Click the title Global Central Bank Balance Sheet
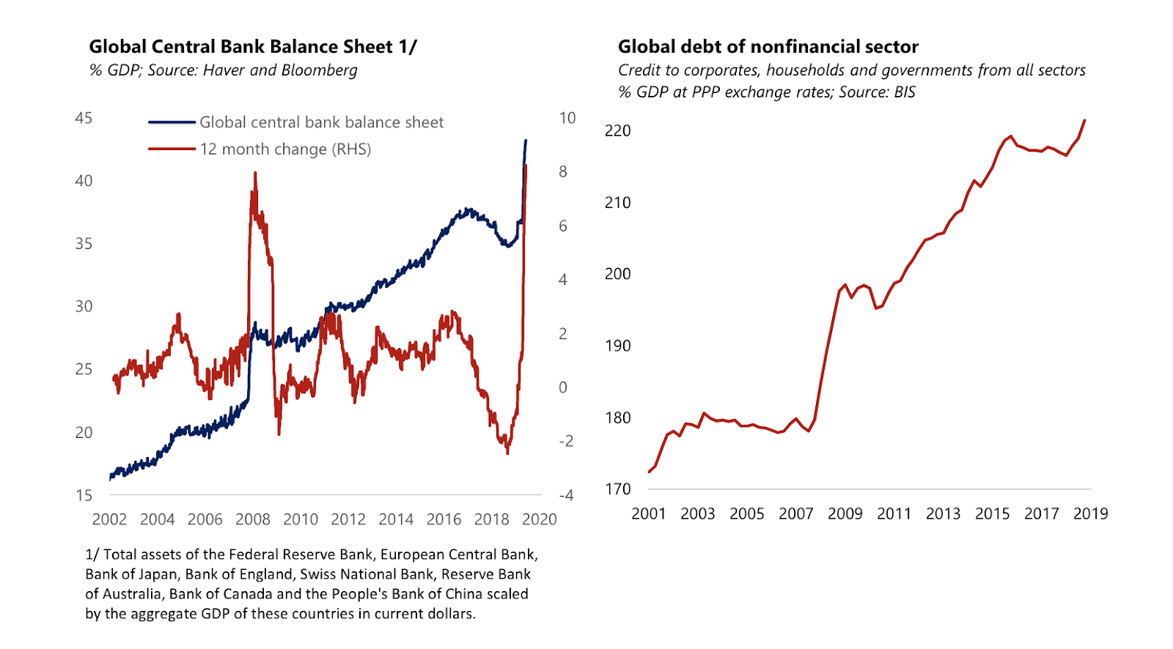point(252,47)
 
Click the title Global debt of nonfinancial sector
point(768,47)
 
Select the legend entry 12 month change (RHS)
point(285,149)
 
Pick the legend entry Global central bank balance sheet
point(321,122)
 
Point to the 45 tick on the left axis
point(84,118)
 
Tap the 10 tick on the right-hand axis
point(567,118)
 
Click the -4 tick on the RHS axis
point(566,495)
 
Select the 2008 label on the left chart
point(253,519)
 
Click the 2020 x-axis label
point(539,519)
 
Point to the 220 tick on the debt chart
point(617,130)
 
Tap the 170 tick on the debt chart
point(617,489)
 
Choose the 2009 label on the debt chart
point(845,513)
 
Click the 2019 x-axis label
point(1090,513)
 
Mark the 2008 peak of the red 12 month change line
point(254,173)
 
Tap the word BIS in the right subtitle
point(904,92)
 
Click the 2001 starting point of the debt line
point(650,472)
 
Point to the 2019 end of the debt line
point(1085,120)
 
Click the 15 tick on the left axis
point(84,495)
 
